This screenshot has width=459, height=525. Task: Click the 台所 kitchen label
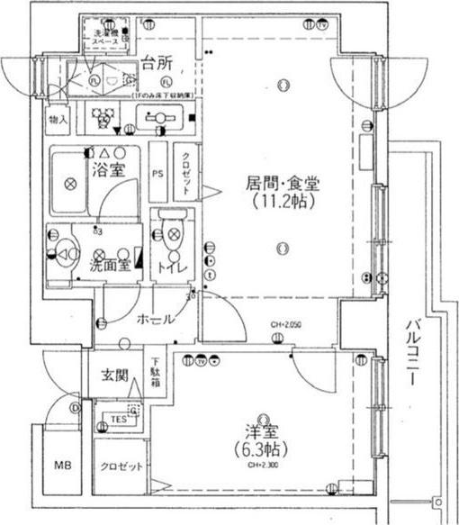(x=159, y=64)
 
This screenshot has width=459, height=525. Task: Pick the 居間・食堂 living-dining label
(x=283, y=183)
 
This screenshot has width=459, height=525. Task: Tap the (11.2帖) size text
(x=283, y=202)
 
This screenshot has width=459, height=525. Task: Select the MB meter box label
(x=61, y=466)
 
